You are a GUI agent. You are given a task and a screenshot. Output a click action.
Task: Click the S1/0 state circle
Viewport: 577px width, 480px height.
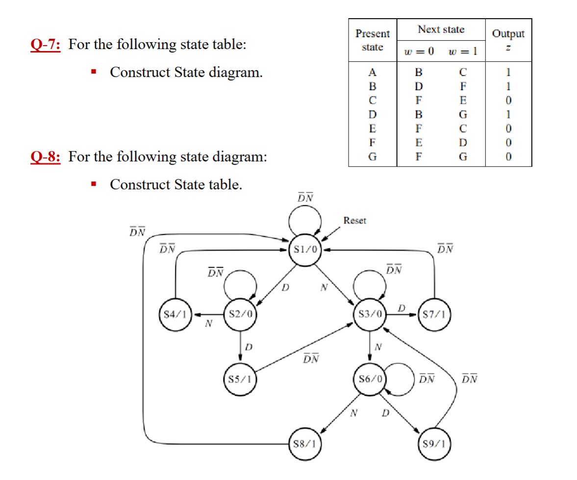(x=306, y=250)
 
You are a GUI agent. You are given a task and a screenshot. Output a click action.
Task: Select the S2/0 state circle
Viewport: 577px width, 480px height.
(x=240, y=314)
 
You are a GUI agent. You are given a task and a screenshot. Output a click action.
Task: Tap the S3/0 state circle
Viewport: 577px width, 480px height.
(x=370, y=314)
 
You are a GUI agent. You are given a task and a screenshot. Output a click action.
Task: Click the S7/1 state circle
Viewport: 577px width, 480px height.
(x=434, y=314)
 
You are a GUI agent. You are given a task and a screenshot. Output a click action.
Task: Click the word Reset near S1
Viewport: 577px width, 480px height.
(x=354, y=221)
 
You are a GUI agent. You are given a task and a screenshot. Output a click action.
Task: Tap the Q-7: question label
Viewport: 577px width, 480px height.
(x=45, y=45)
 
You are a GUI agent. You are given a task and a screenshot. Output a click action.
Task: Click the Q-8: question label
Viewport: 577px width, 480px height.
(x=45, y=157)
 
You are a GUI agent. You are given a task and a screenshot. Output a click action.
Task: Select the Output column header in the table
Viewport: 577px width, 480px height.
(x=508, y=34)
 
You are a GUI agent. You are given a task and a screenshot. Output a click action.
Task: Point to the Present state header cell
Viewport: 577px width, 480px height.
(x=373, y=40)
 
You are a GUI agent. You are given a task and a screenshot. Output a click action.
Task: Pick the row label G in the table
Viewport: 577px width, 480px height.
(x=373, y=157)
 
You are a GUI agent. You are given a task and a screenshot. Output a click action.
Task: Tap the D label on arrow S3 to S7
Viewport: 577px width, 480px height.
(x=401, y=308)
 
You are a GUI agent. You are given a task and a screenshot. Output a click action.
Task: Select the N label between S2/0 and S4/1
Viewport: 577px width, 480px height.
(x=209, y=324)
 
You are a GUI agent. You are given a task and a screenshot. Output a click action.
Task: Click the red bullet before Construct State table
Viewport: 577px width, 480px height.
(x=93, y=185)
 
